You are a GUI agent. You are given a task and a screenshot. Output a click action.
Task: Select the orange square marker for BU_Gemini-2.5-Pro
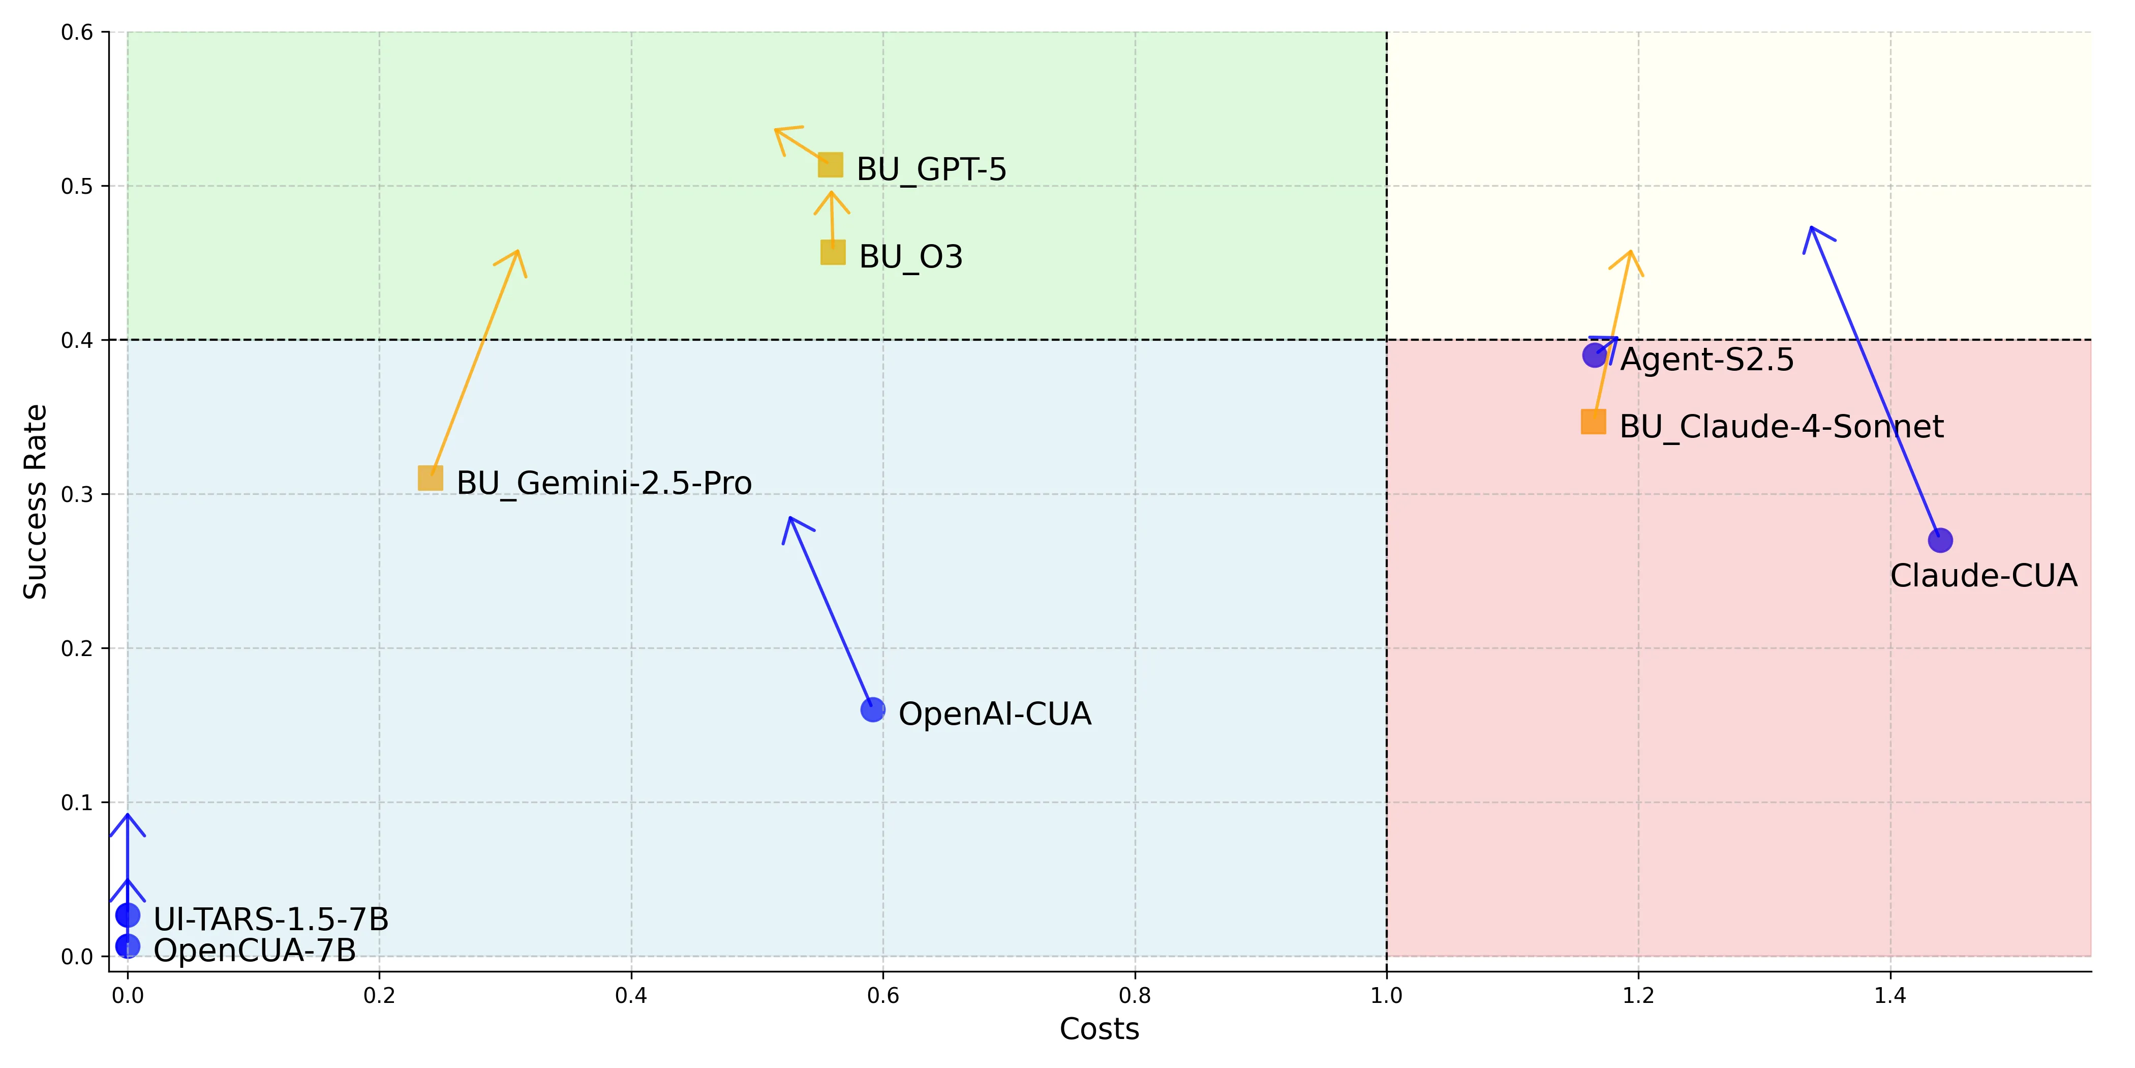[430, 479]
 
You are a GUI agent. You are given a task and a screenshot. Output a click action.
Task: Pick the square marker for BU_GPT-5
[830, 165]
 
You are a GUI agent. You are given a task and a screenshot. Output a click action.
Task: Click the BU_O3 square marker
[832, 252]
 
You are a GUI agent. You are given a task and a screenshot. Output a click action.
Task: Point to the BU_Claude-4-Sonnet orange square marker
[1593, 422]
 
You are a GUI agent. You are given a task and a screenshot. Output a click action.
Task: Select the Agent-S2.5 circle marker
[1594, 355]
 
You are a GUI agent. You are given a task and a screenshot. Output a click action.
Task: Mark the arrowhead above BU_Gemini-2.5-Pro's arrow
[516, 253]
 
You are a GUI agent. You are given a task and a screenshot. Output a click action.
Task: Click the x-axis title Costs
[1099, 1029]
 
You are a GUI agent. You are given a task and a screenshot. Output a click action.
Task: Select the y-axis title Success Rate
[35, 501]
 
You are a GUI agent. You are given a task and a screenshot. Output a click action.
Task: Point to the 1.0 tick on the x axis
[1386, 995]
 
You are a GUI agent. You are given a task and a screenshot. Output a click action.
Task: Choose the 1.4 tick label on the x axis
[1889, 995]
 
